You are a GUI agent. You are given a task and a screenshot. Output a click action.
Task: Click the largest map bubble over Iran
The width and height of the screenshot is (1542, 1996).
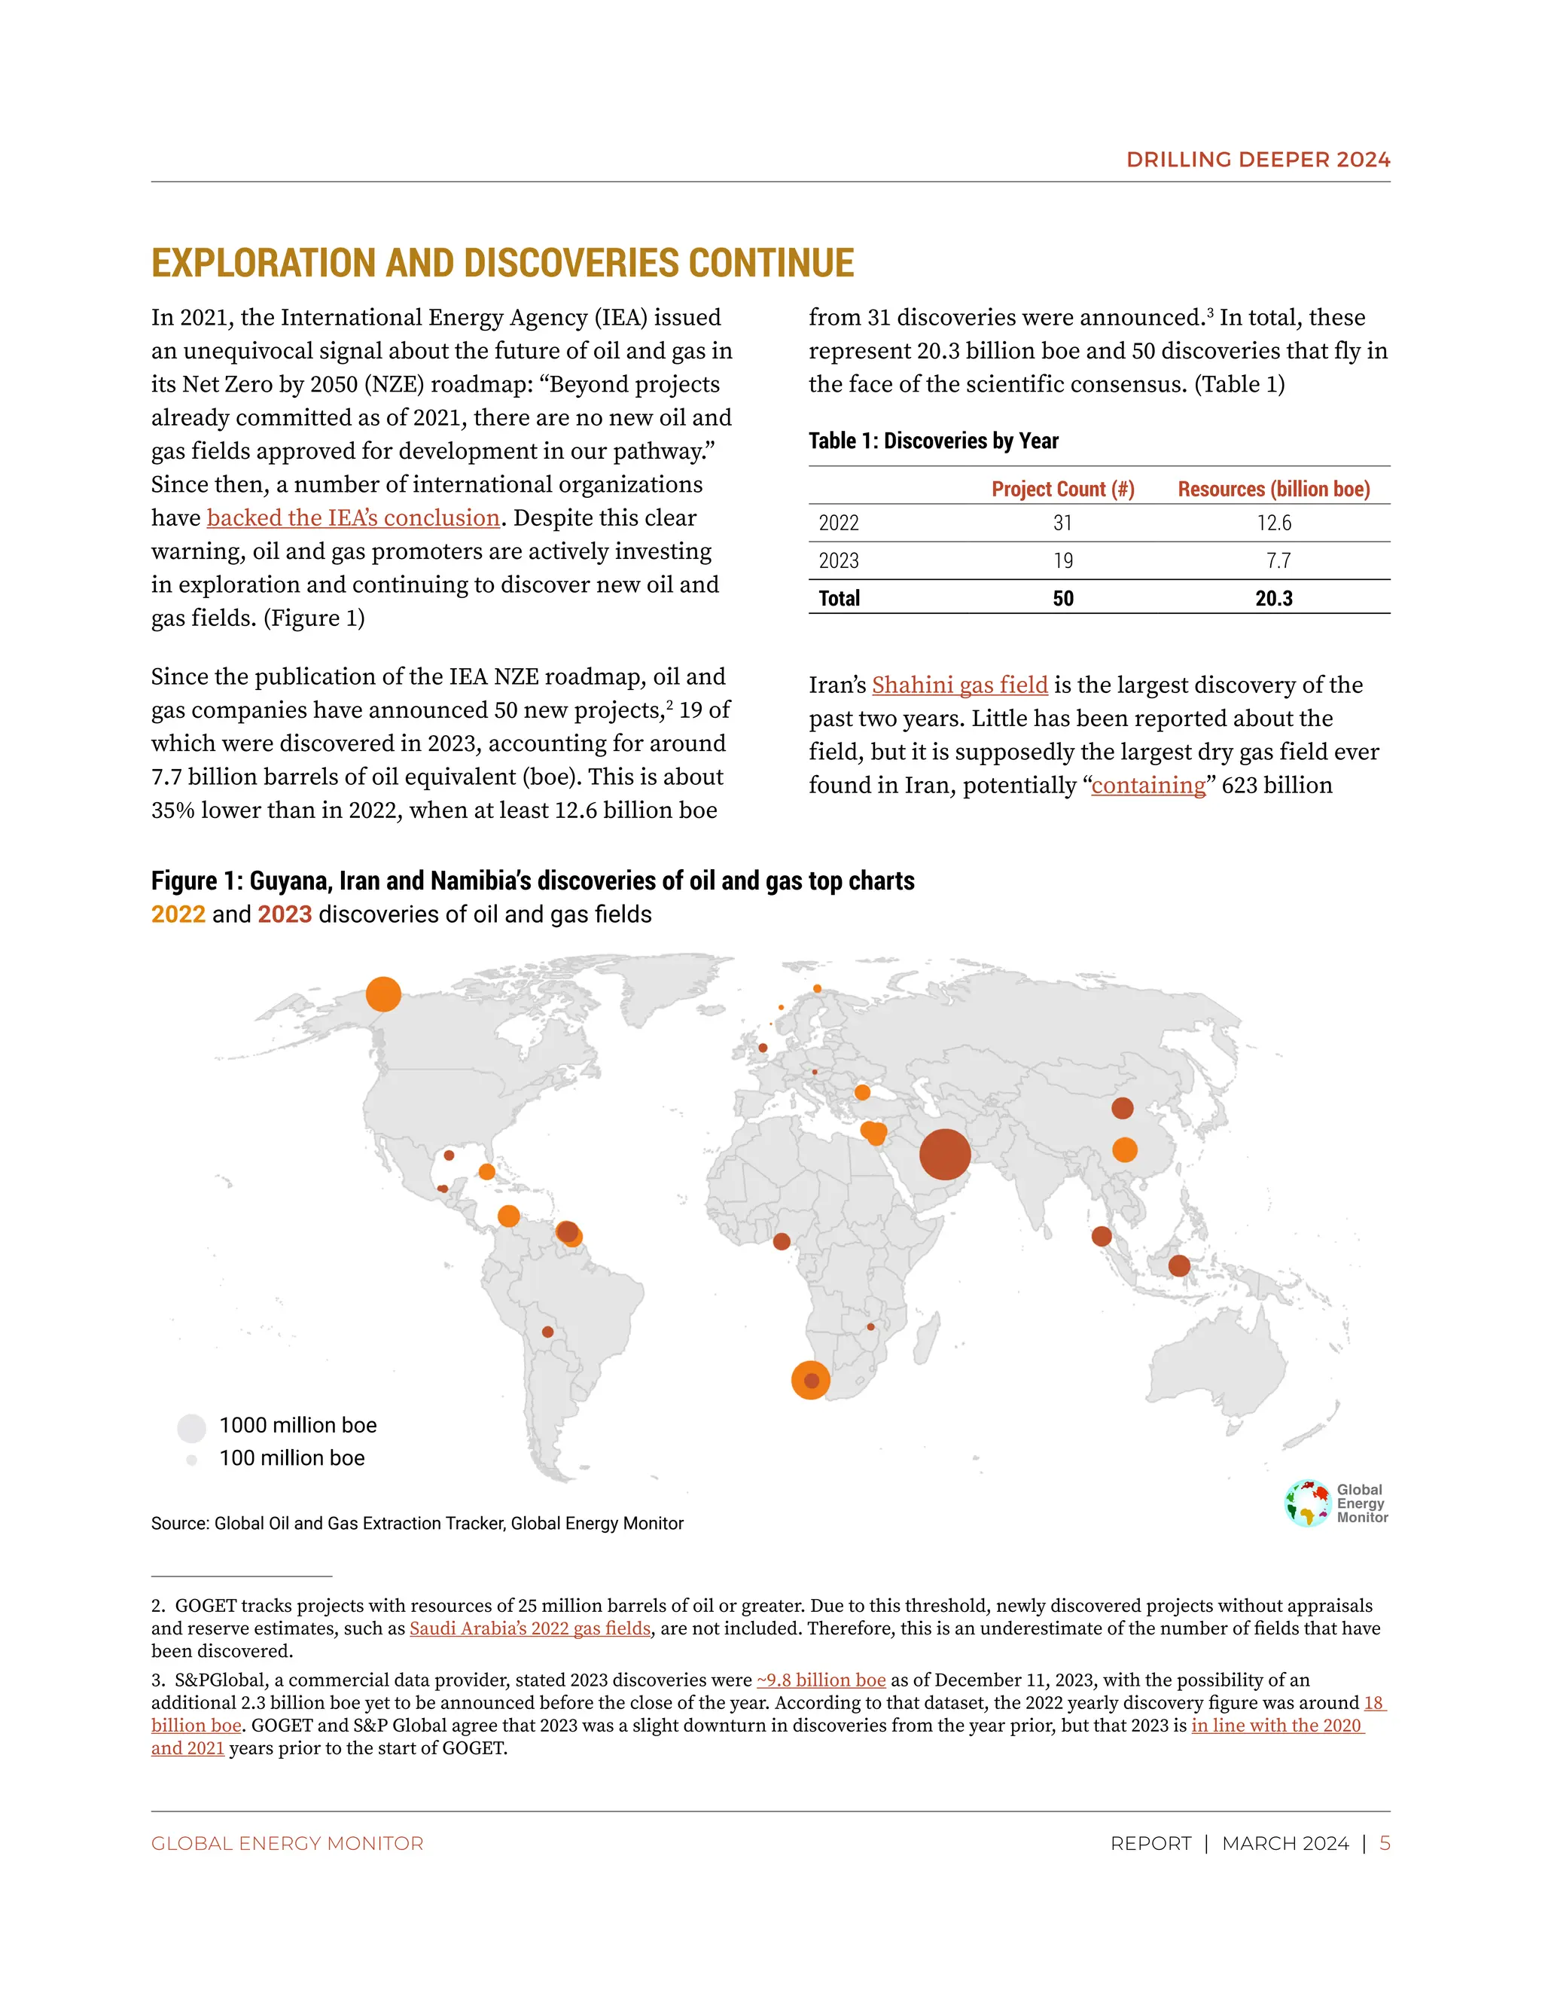click(x=945, y=1154)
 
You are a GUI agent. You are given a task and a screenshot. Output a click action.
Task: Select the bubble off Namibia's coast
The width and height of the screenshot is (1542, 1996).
click(x=810, y=1380)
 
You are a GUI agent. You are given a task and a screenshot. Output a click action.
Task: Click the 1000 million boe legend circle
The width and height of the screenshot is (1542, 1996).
click(x=191, y=1427)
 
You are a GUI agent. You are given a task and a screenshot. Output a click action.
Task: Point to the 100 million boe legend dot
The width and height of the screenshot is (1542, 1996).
click(x=192, y=1460)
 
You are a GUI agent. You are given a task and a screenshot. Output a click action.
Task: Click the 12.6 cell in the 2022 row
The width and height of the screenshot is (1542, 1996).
click(x=1273, y=523)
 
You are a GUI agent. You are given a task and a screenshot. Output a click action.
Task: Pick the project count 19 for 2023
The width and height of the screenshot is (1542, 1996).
click(x=1062, y=560)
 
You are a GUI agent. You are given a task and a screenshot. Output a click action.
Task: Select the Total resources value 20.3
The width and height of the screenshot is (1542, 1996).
click(x=1273, y=599)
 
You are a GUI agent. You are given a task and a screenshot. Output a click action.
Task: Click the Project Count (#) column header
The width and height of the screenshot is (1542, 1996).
click(x=1062, y=489)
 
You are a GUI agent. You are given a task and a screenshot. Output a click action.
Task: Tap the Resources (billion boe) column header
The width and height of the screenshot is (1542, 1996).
click(x=1273, y=489)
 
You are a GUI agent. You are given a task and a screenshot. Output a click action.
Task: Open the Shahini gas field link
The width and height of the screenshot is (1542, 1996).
click(x=959, y=685)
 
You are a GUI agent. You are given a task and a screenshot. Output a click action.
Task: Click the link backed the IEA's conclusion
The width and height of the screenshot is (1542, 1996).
click(x=352, y=517)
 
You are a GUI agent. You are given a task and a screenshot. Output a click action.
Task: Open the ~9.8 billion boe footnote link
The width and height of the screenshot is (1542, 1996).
click(x=821, y=1680)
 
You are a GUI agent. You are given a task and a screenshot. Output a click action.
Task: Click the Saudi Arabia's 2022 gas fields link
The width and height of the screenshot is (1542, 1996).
click(x=530, y=1628)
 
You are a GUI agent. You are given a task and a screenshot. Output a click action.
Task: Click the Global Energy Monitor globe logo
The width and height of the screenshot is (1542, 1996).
click(x=1307, y=1503)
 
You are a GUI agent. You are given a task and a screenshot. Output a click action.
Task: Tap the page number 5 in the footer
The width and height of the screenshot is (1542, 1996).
click(x=1384, y=1843)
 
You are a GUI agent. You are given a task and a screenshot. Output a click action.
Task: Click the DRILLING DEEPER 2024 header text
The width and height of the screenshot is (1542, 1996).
click(x=1258, y=159)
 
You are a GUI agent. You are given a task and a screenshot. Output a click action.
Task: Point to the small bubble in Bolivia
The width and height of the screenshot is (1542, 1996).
click(x=547, y=1332)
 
